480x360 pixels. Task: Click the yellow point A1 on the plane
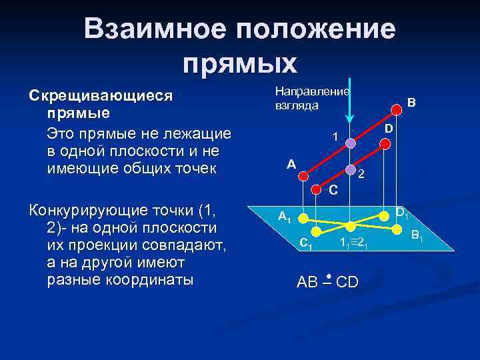[x=302, y=218]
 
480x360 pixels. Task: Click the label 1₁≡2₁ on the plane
[x=353, y=243]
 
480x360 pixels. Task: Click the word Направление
[x=313, y=91]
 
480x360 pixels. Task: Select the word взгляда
[x=297, y=105]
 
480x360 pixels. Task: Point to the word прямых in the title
[x=239, y=63]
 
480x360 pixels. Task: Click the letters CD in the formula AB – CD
[x=347, y=283]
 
